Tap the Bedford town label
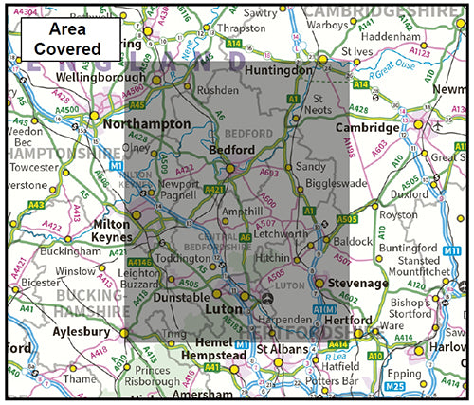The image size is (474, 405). [230, 151]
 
